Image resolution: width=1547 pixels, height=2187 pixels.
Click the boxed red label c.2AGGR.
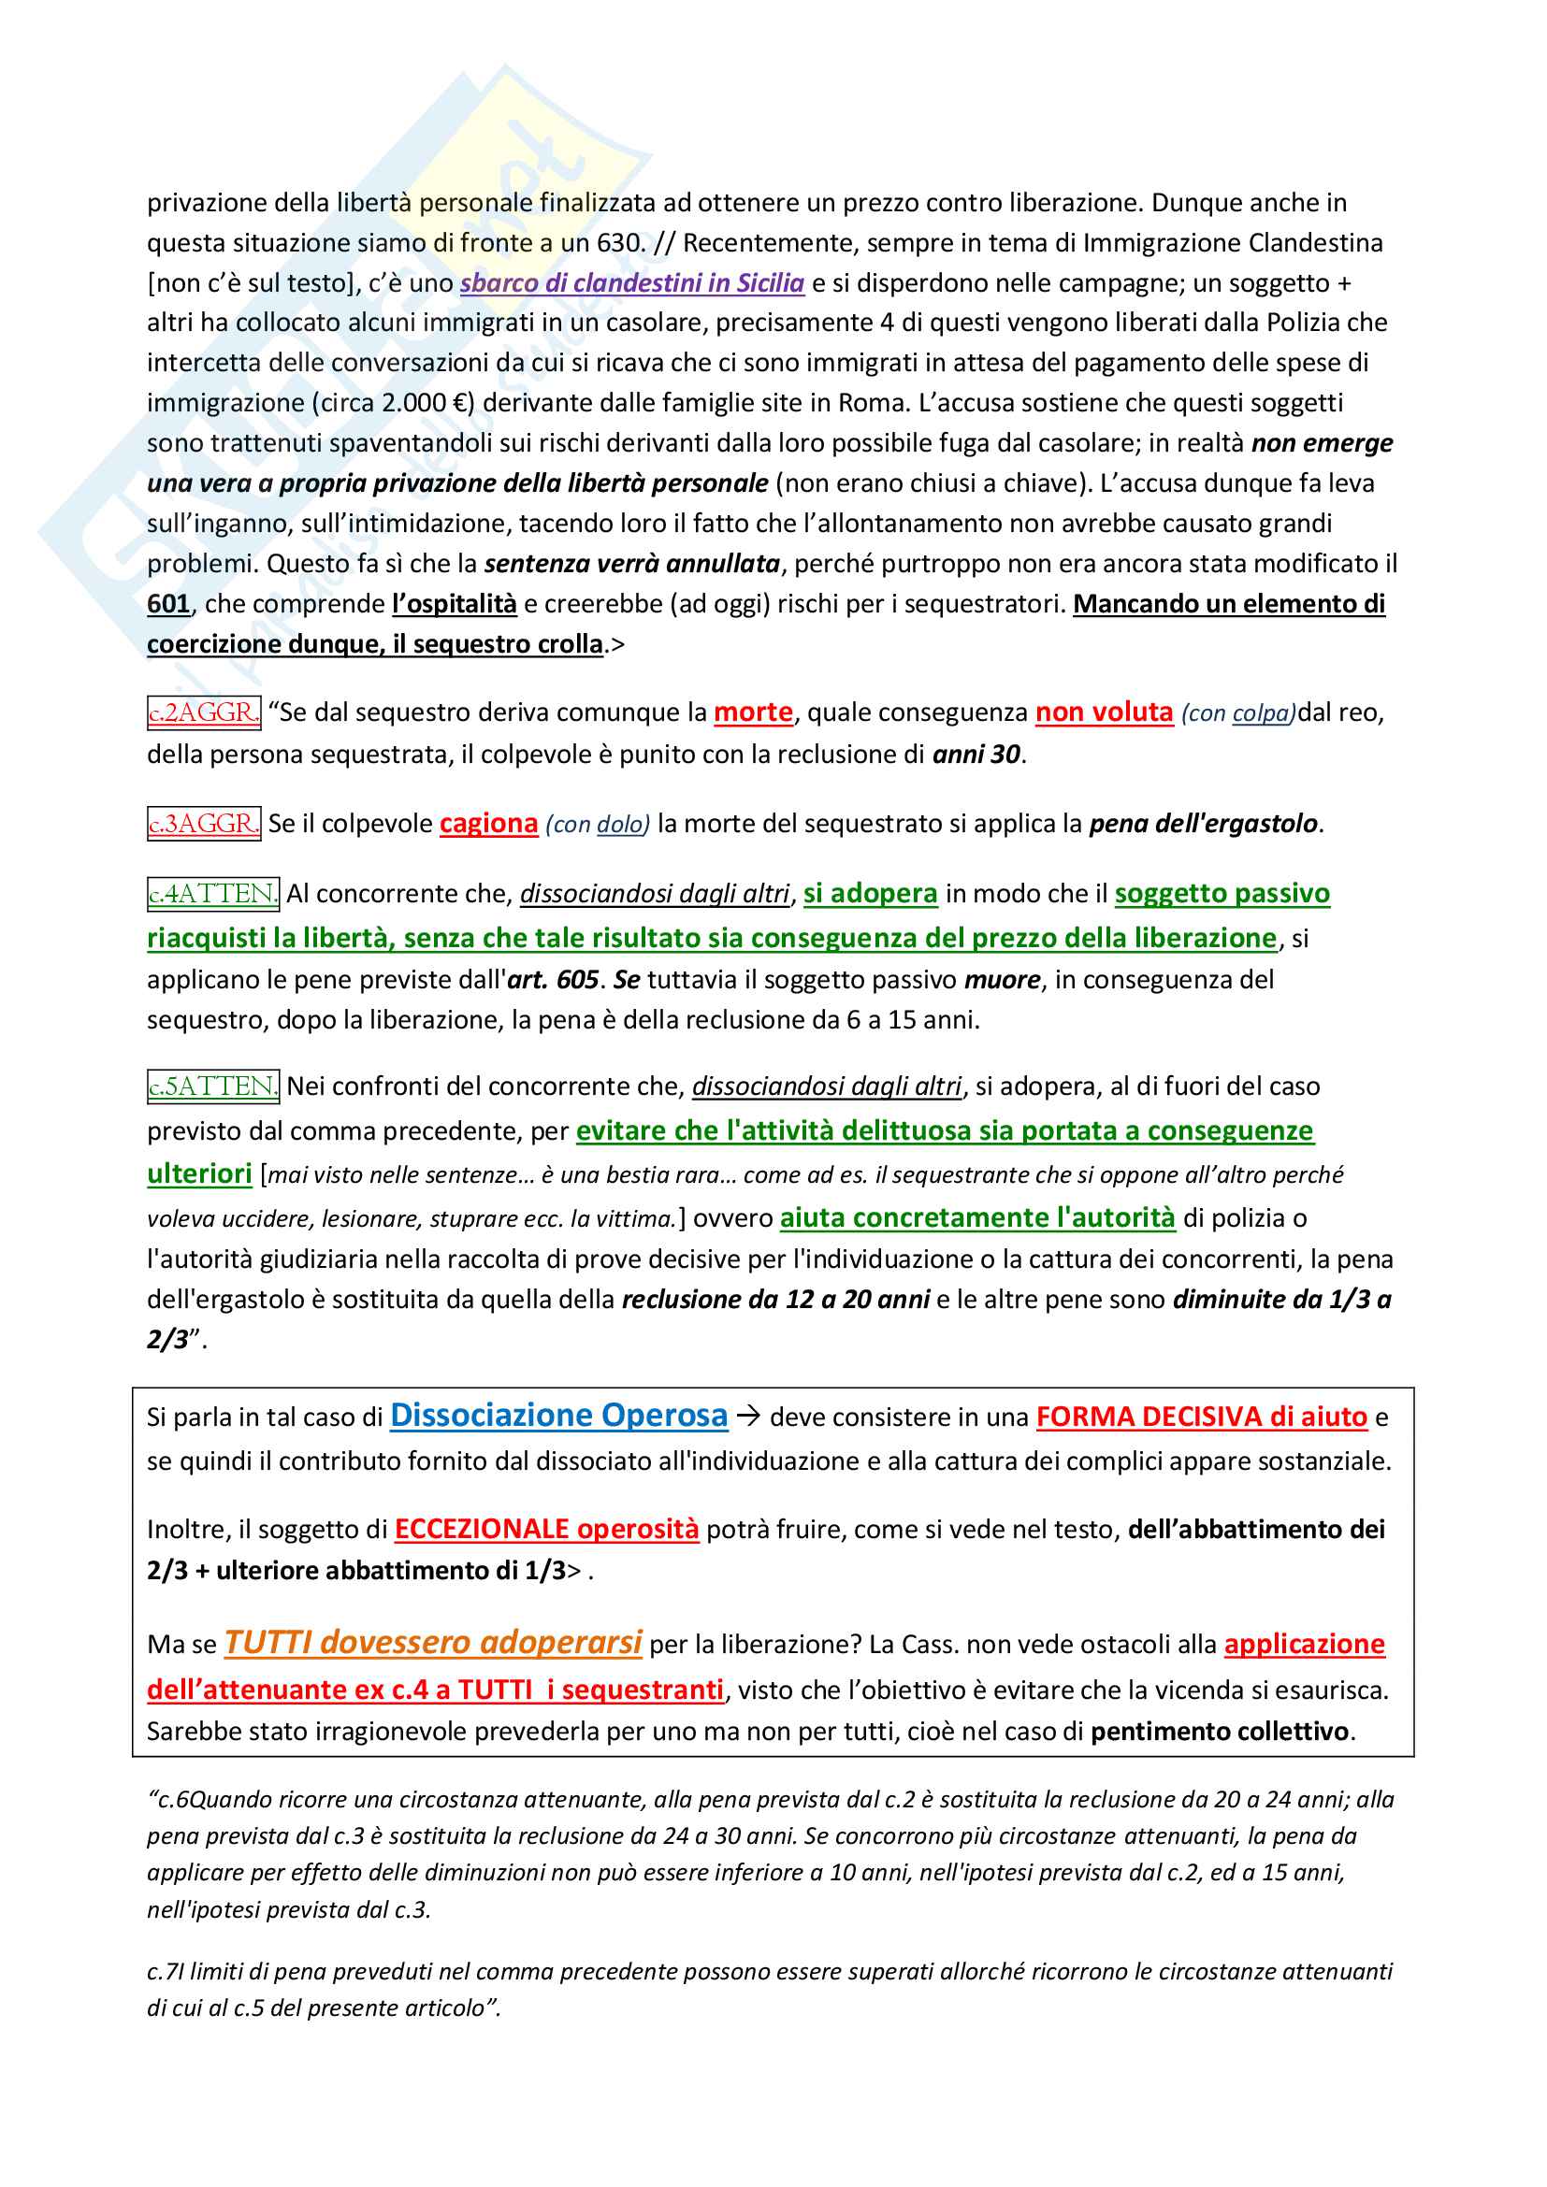click(x=204, y=712)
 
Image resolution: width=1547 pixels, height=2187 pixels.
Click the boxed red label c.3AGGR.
click(x=204, y=823)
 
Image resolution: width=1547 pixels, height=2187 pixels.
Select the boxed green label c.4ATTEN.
click(x=213, y=894)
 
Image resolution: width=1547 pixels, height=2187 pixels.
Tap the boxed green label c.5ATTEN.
click(x=213, y=1086)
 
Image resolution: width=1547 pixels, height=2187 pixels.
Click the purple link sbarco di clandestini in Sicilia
click(x=631, y=283)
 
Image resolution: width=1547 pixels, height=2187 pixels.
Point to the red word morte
click(x=754, y=712)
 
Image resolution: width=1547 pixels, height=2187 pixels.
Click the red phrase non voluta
click(x=1104, y=712)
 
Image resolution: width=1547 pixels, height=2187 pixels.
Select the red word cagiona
click(x=488, y=823)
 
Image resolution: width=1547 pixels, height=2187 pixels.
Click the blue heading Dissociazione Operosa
click(x=558, y=1416)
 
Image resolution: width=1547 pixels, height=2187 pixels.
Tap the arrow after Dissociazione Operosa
click(x=749, y=1417)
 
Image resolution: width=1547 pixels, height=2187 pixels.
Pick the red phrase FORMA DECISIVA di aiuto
click(x=1201, y=1417)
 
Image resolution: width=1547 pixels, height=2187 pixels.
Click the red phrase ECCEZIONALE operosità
click(x=547, y=1529)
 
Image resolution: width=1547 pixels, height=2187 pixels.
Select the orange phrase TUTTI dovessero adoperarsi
click(x=433, y=1642)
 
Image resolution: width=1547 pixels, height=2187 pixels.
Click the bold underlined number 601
click(x=168, y=604)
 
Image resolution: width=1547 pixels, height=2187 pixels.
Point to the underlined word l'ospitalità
click(x=455, y=604)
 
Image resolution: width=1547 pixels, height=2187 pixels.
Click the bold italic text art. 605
click(x=553, y=979)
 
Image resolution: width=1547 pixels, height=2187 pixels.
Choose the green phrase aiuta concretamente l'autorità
click(x=977, y=1217)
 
